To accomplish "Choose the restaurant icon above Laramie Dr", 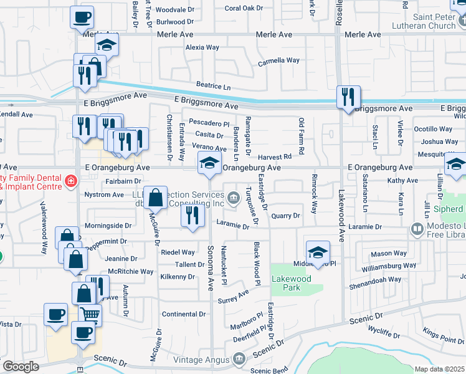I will [193, 215].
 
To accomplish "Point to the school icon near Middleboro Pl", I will [318, 252].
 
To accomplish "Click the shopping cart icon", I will [90, 316].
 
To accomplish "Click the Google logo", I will [20, 367].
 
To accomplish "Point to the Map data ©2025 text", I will [439, 369].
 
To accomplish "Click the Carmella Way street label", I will [278, 61].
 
